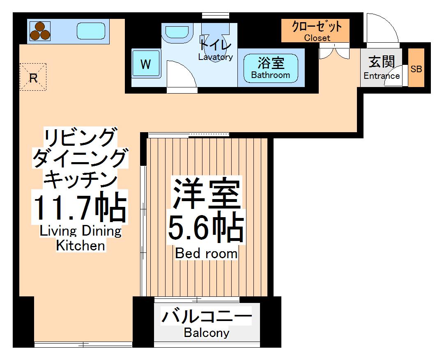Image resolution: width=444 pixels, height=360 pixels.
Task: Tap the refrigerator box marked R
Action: point(33,77)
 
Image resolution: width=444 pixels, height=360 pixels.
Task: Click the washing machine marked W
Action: point(145,64)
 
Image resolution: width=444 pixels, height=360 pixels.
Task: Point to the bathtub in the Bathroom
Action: point(271,68)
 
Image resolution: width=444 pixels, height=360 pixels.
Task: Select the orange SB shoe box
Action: point(416,69)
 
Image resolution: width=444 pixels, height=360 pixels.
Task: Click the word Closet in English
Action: point(317,38)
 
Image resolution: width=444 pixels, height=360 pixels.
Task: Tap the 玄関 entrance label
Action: point(382,62)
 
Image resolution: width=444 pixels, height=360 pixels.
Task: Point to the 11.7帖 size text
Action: point(80,208)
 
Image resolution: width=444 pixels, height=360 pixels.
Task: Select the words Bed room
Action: point(206,253)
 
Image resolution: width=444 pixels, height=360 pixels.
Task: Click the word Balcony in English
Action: point(206,332)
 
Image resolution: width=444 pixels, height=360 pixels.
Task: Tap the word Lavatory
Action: point(215,57)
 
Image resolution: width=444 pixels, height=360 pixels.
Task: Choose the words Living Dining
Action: point(81,231)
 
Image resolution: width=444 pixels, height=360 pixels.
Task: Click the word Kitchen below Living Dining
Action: point(81,245)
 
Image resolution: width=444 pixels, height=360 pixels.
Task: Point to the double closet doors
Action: point(334,53)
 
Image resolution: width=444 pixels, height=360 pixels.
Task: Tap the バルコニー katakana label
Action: point(206,317)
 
